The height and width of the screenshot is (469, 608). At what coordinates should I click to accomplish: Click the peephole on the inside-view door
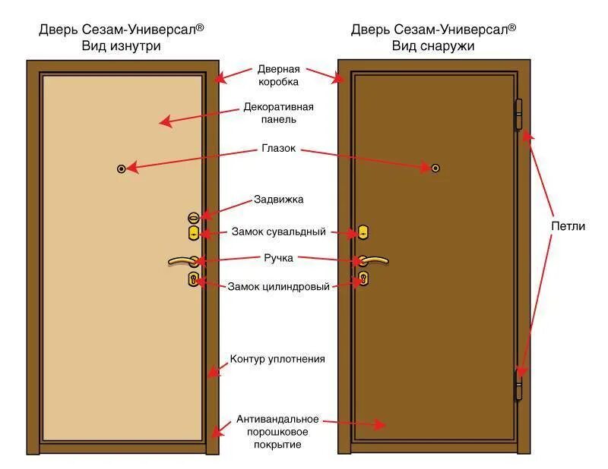coord(121,168)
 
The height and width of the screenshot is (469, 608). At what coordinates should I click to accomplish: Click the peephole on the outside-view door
coord(435,168)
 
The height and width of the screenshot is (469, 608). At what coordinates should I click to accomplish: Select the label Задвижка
coord(278,200)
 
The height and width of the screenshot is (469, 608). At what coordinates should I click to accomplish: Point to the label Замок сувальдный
coord(277,231)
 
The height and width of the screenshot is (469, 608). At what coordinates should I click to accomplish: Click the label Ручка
coord(279,258)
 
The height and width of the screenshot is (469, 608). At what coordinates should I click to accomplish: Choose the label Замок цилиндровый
coord(278,287)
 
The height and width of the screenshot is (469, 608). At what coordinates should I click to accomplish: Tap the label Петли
coord(568,226)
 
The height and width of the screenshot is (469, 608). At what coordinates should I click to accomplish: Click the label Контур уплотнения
coord(277,359)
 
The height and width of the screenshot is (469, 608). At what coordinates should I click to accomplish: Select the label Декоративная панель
coord(278,113)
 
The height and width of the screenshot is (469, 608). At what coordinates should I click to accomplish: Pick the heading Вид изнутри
coord(122,46)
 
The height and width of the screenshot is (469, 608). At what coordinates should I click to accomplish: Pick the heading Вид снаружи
coord(433,46)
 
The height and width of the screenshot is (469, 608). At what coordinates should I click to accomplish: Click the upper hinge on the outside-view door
coord(520,115)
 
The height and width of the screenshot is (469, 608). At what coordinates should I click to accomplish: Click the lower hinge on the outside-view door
coord(520,383)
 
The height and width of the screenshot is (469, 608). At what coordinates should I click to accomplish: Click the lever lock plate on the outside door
coord(363,232)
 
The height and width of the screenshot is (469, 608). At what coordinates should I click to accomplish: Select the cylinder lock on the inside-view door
coord(193,280)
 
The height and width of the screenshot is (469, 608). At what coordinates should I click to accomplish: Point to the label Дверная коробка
coord(277,75)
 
